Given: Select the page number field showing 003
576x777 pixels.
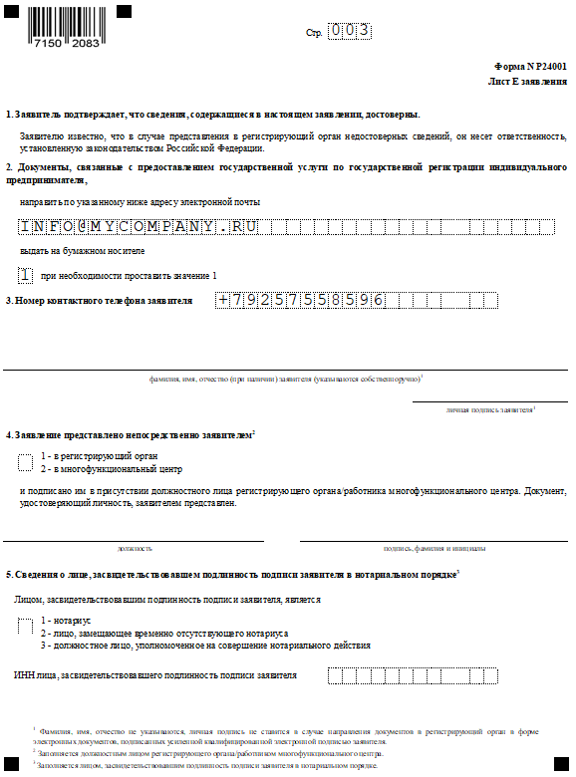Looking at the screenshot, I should (350, 32).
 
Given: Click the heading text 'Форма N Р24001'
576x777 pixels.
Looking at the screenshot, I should (531, 63).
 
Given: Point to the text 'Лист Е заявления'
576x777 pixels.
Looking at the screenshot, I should (527, 80).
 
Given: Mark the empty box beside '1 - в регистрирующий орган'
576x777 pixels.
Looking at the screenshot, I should (26, 461).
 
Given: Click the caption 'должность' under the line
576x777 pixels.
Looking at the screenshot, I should (135, 548).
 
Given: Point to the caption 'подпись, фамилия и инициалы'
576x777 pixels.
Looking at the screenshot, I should (434, 548).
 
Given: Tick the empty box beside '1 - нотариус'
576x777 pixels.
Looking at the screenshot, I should (26, 626).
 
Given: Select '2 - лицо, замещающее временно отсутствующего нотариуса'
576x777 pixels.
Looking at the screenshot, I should (164, 633).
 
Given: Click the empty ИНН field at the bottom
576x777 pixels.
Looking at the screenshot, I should (412, 676).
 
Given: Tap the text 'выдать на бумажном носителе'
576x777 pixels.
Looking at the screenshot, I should (75, 250).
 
